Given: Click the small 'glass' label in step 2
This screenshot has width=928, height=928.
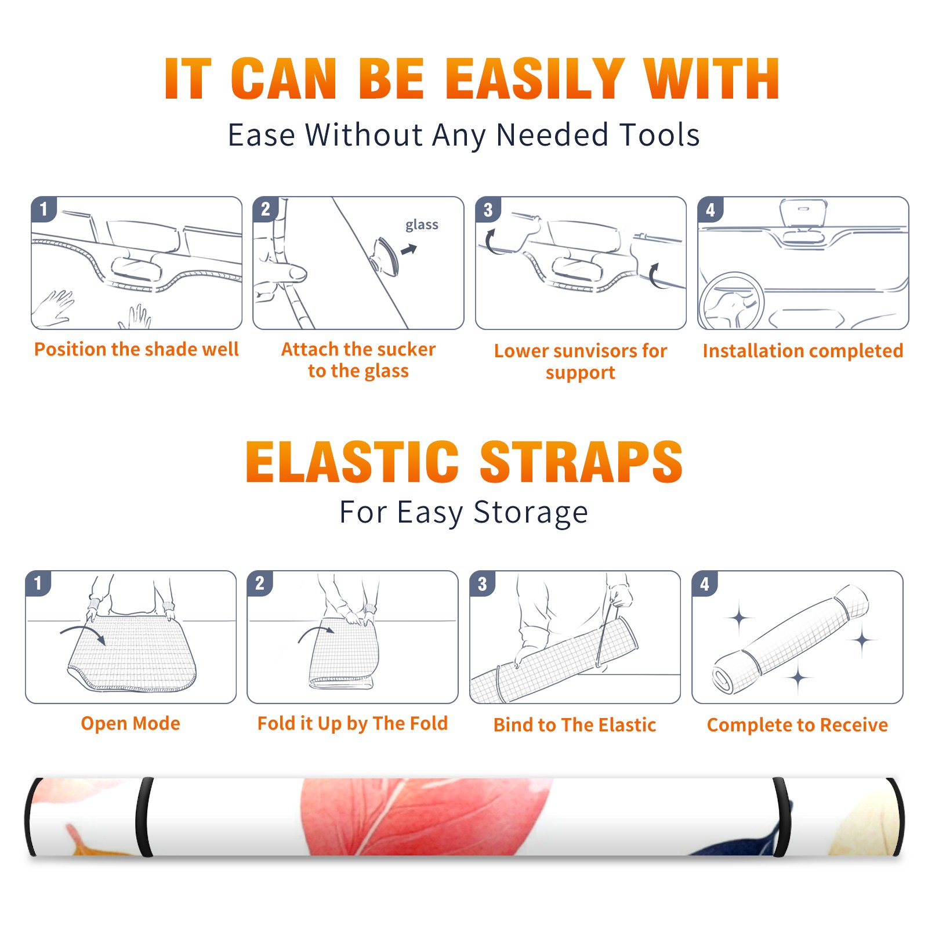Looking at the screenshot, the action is click(x=422, y=225).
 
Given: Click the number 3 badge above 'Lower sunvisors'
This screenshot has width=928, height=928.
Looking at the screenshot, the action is click(x=488, y=210).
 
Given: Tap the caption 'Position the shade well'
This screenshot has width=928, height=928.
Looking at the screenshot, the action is click(x=136, y=349).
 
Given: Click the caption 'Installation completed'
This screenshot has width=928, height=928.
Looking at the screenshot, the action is click(x=803, y=350).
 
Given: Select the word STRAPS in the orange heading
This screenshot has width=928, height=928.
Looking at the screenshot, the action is click(x=581, y=462).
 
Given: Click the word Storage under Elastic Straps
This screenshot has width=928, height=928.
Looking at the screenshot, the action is click(x=531, y=513).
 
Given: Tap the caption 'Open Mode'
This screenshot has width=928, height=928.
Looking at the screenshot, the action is click(x=130, y=723).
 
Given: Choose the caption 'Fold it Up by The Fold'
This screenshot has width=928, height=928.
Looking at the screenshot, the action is click(x=353, y=723).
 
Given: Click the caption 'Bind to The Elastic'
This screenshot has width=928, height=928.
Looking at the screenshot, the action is click(x=575, y=724).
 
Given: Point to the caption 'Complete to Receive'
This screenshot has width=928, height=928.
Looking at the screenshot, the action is click(x=797, y=725).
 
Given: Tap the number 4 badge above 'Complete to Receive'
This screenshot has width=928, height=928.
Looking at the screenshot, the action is click(x=705, y=583).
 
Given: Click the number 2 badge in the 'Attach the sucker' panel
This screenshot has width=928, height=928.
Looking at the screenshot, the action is click(x=266, y=209).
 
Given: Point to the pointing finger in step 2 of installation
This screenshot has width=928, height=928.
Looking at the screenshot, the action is click(x=281, y=272).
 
